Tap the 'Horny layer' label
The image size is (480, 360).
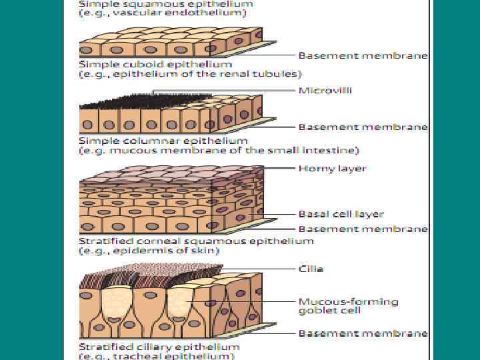point(332,169)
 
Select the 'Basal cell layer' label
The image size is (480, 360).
point(341,215)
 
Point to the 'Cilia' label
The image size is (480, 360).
point(311,269)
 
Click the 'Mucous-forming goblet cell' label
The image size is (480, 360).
point(347,306)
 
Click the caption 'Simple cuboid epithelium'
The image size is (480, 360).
point(155,65)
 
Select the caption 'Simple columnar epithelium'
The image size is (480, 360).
point(163,141)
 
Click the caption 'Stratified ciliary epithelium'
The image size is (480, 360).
point(159,347)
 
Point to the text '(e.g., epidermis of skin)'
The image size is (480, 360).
point(149,250)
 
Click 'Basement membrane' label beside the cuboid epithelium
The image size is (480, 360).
point(363,55)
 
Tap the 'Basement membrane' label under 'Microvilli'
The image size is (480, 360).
point(363,126)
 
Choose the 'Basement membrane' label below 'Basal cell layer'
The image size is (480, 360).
point(363,229)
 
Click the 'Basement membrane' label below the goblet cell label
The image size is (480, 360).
point(363,333)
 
